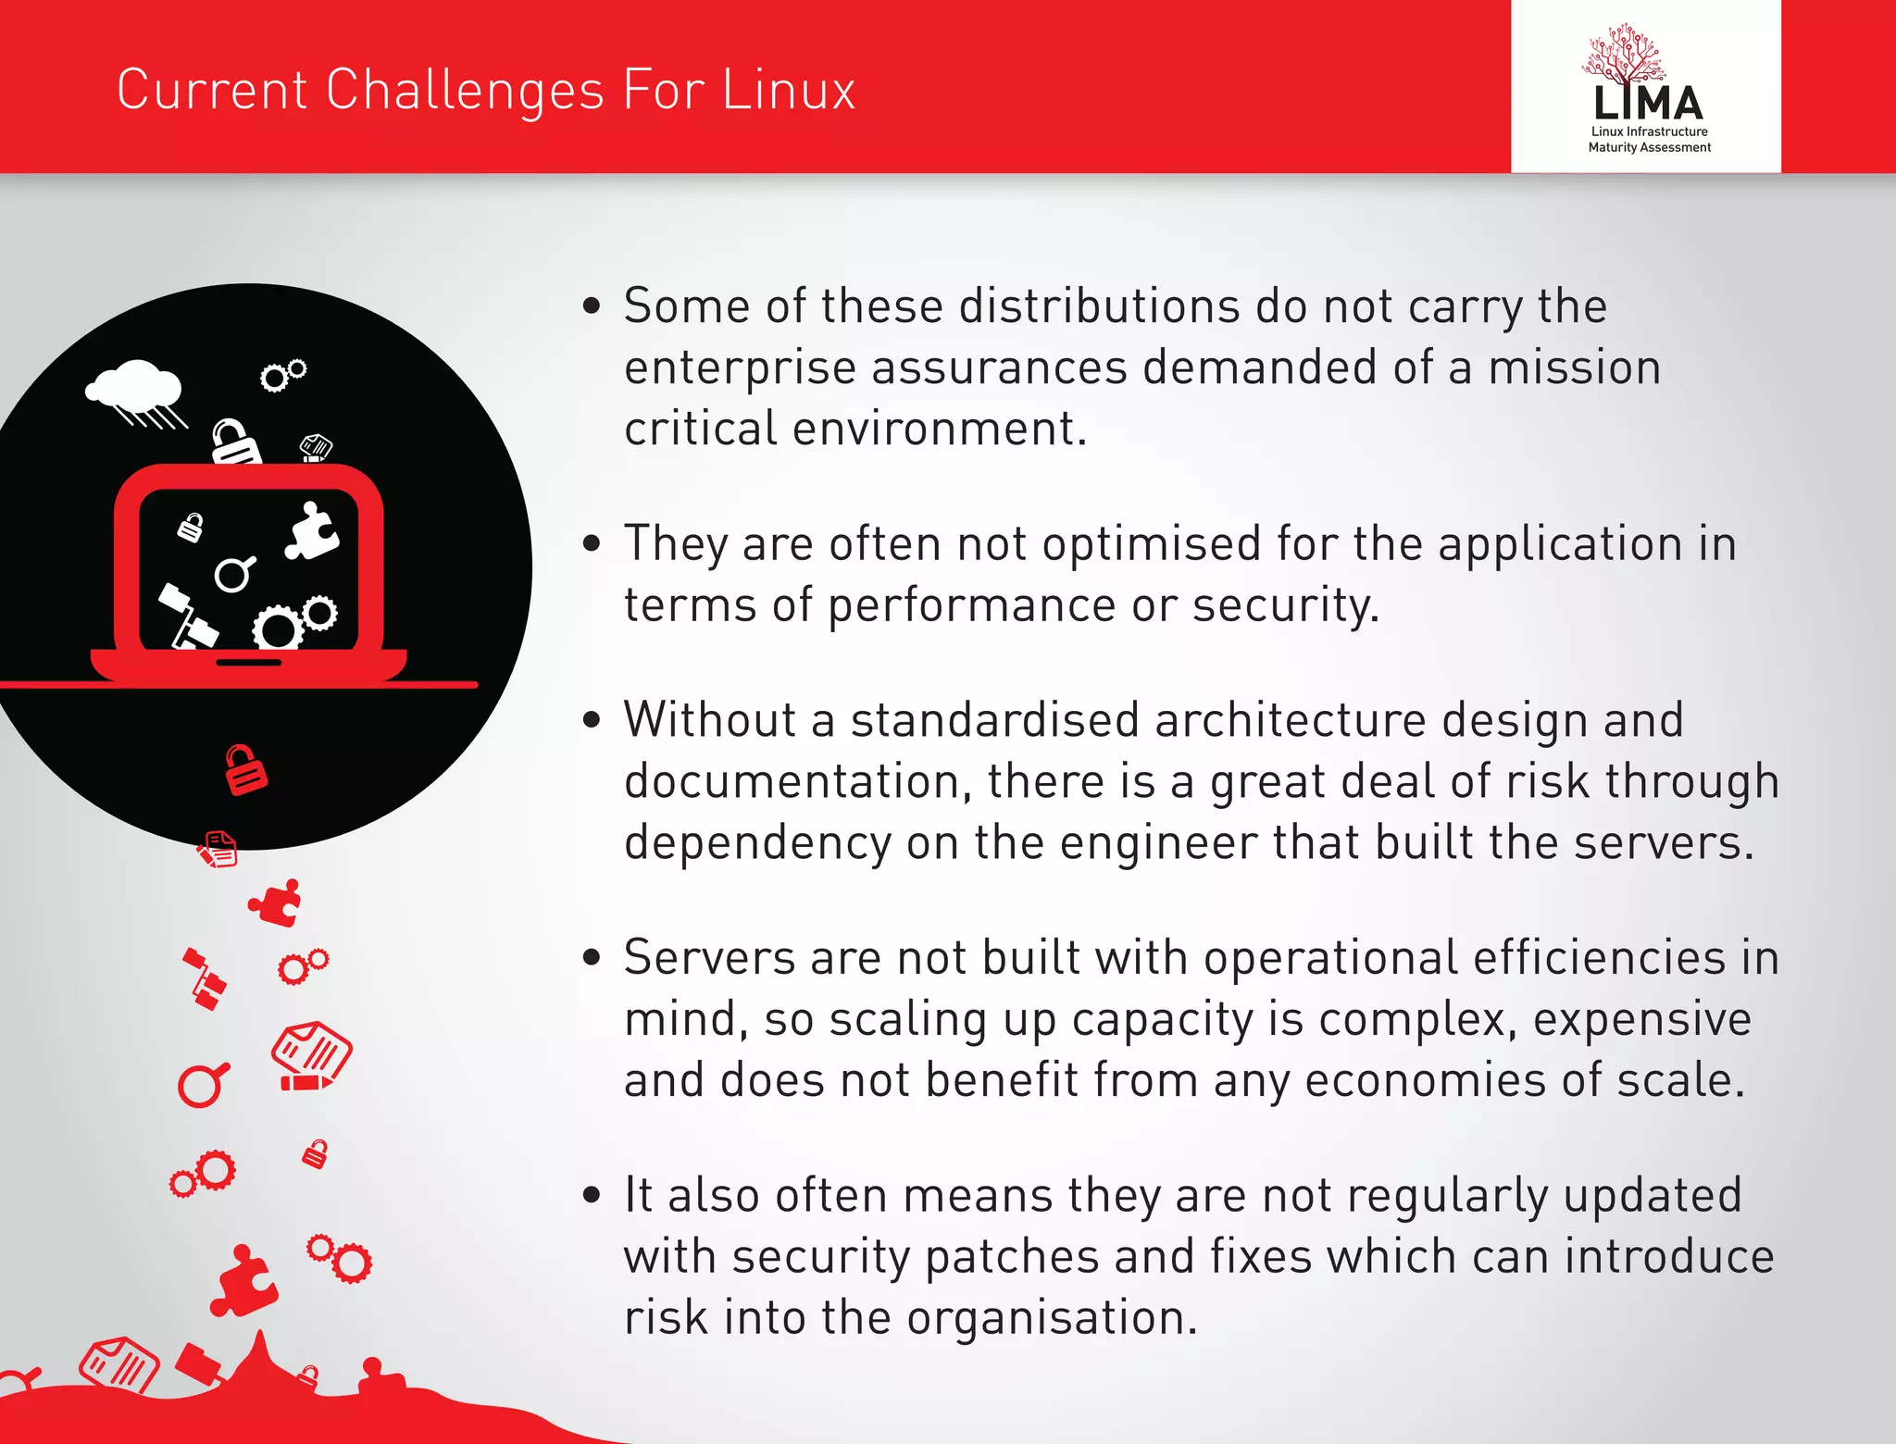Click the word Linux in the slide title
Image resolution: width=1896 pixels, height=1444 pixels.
point(788,90)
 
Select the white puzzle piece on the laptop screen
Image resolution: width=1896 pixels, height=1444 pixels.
point(311,531)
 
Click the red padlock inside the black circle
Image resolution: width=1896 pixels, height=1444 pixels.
point(245,770)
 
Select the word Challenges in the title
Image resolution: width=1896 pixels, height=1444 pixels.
point(466,90)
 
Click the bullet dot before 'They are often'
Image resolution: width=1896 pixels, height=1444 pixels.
point(592,543)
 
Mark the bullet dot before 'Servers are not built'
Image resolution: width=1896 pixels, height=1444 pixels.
point(592,958)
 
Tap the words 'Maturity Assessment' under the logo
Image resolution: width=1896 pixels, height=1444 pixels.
point(1649,147)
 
